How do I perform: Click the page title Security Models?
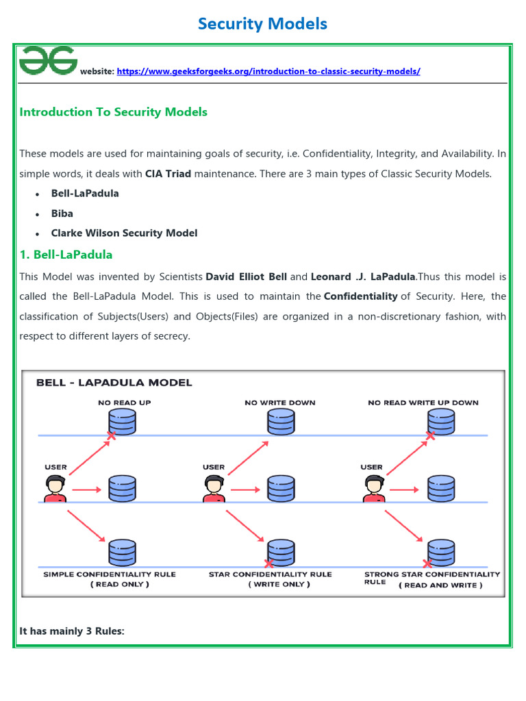(262, 24)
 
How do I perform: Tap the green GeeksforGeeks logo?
(48, 61)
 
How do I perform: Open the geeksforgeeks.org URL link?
(268, 71)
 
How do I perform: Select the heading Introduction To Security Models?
(114, 112)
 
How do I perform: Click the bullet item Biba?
(62, 213)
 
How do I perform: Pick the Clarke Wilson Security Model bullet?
(124, 233)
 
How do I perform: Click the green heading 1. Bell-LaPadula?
(66, 255)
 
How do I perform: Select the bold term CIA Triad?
(168, 174)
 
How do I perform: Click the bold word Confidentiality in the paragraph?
(360, 296)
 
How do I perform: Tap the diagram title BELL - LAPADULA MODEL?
(114, 383)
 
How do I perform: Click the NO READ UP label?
(124, 403)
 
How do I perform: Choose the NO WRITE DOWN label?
(280, 403)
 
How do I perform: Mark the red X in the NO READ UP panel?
(110, 436)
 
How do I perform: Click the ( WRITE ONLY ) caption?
(279, 584)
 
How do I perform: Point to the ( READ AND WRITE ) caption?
(442, 585)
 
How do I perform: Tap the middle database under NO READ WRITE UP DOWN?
(440, 488)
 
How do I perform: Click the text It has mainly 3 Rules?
(72, 630)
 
